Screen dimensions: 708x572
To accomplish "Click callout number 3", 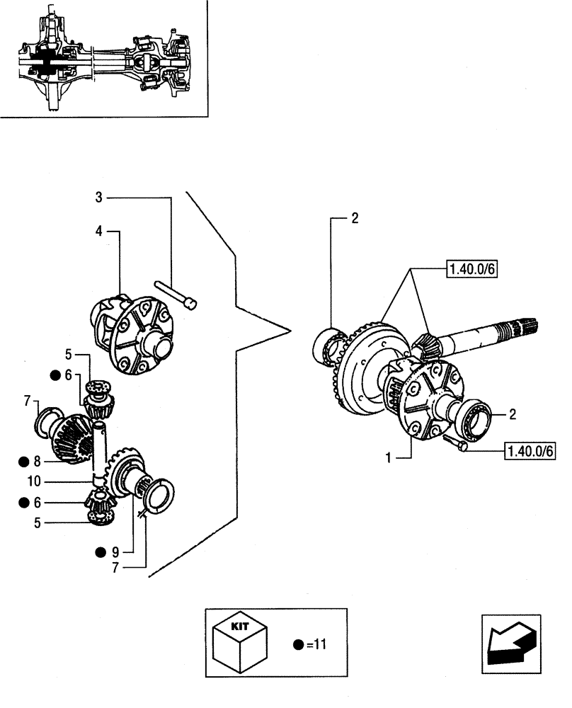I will click(99, 197).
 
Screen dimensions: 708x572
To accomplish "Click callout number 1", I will click(388, 459).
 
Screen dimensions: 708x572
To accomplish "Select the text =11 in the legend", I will click(316, 645).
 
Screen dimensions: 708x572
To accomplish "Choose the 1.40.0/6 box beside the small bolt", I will click(530, 450).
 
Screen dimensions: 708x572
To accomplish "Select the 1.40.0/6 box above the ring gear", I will click(471, 268).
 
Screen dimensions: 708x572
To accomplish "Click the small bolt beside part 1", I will click(456, 444).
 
